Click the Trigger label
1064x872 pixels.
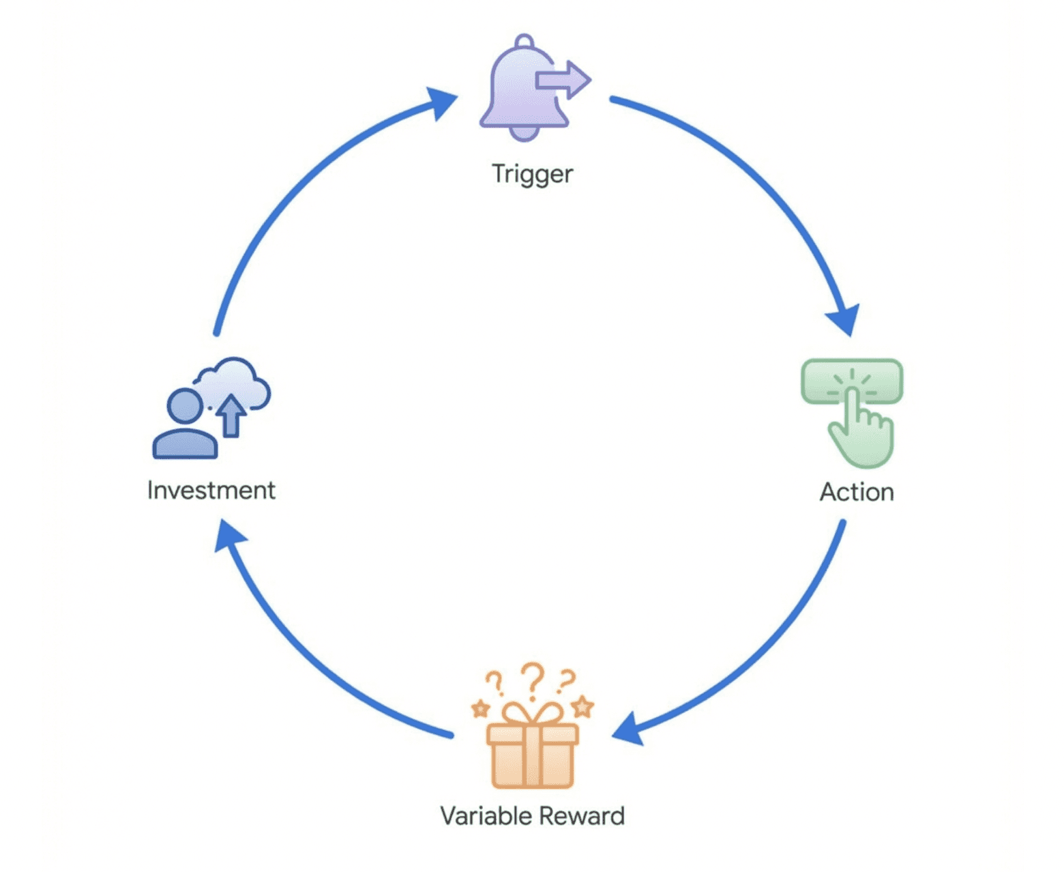(532, 174)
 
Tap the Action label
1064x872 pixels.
(856, 492)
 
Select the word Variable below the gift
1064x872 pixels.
(486, 815)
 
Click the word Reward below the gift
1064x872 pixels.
(582, 815)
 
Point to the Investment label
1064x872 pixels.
(211, 490)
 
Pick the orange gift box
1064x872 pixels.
(532, 754)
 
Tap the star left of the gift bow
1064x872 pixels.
(481, 708)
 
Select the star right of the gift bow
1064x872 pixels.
(582, 706)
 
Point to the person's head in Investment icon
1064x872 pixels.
(185, 406)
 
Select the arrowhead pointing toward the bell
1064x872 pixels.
(440, 102)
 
